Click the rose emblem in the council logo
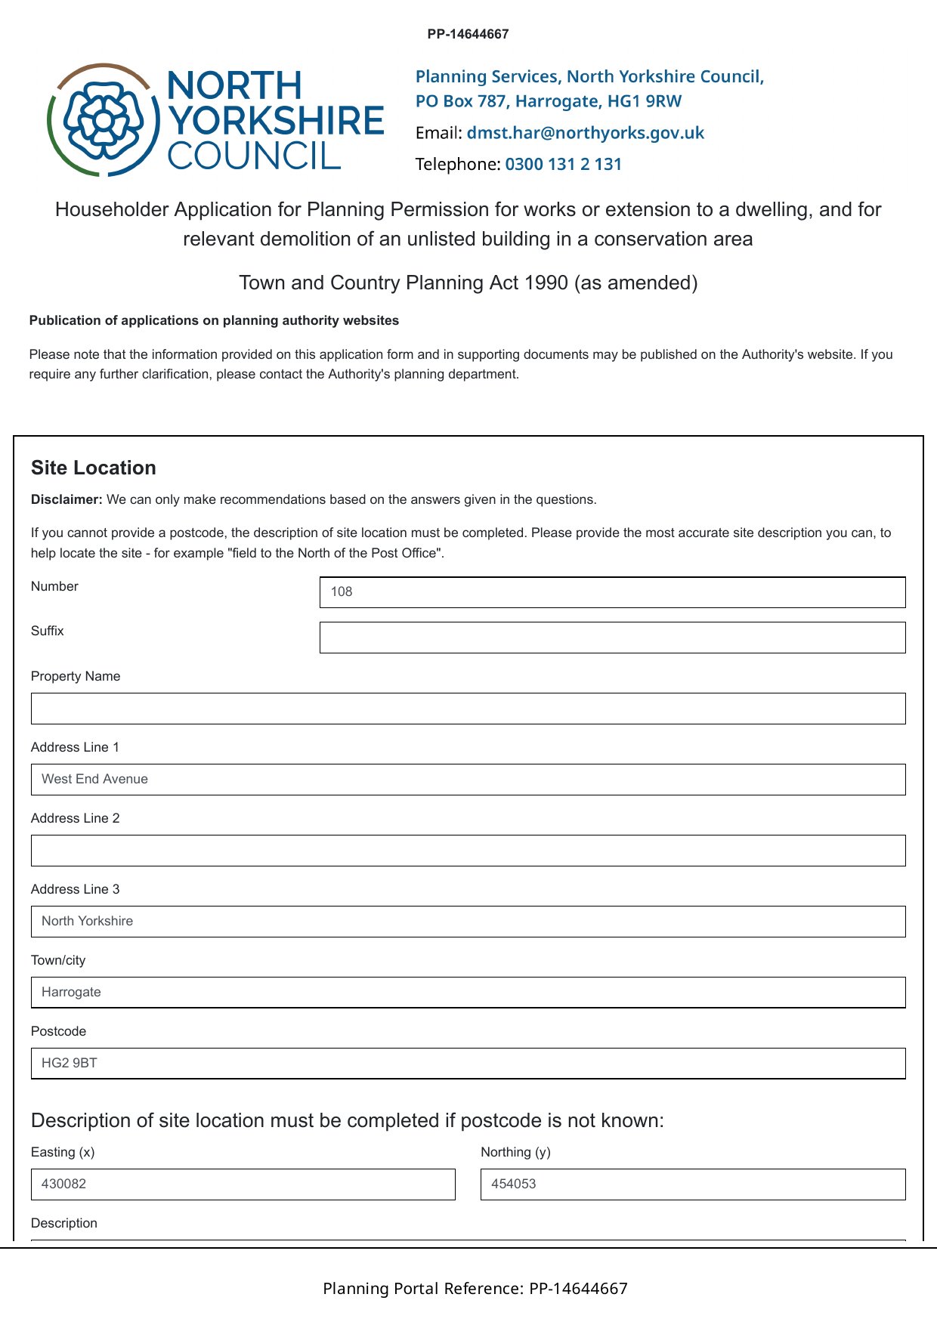104,120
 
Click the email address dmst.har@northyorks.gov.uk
585,133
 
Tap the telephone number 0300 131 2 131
563,165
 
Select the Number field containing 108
612,592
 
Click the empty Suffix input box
612,638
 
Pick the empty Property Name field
468,709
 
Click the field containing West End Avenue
468,780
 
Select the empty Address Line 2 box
468,851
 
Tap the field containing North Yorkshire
468,922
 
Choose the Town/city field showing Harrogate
468,993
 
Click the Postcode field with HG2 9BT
468,1064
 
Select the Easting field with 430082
243,1184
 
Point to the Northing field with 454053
692,1184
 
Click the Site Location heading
94,468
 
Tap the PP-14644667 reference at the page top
468,34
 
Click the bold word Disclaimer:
66,500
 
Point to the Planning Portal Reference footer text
475,1289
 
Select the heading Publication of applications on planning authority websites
214,320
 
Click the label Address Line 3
75,889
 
